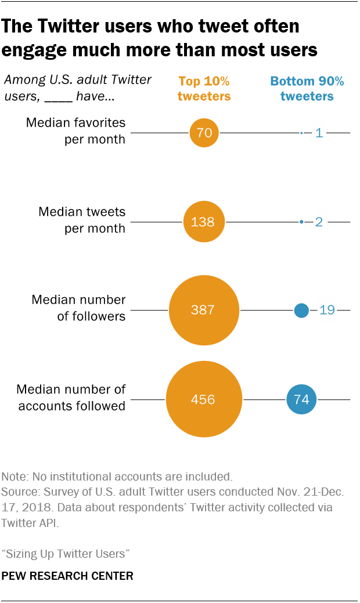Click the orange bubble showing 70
click(204, 133)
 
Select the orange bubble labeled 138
click(204, 222)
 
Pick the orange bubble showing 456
click(204, 399)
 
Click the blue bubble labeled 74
click(301, 399)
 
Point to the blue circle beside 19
click(301, 310)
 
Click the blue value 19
click(327, 310)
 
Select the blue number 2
click(319, 222)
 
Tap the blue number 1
click(319, 133)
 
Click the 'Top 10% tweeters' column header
click(204, 88)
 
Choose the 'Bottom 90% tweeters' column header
click(307, 88)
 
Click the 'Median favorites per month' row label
click(75, 131)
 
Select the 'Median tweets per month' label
click(81, 220)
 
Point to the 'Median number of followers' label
click(78, 308)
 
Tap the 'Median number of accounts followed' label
click(71, 398)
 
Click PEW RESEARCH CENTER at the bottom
click(67, 576)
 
